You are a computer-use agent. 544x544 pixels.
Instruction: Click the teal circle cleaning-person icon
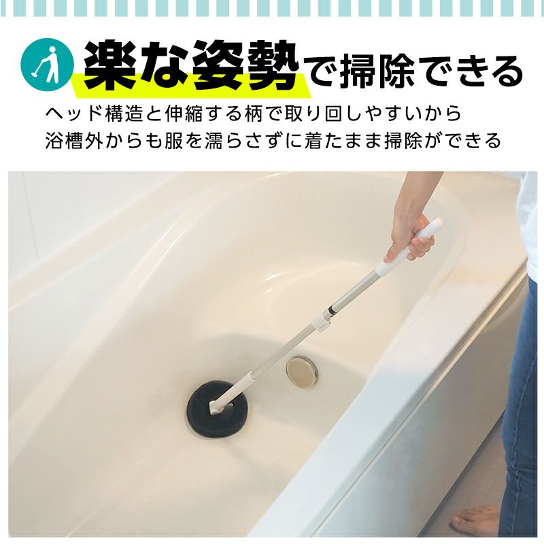[47, 65]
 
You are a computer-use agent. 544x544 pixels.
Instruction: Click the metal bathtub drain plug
[302, 371]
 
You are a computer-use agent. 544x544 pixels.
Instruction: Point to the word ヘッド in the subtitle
[73, 114]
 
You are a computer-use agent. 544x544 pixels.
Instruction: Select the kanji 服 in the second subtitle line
[173, 141]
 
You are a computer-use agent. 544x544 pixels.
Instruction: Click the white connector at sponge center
[215, 407]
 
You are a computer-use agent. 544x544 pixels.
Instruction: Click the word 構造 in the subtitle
[124, 114]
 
